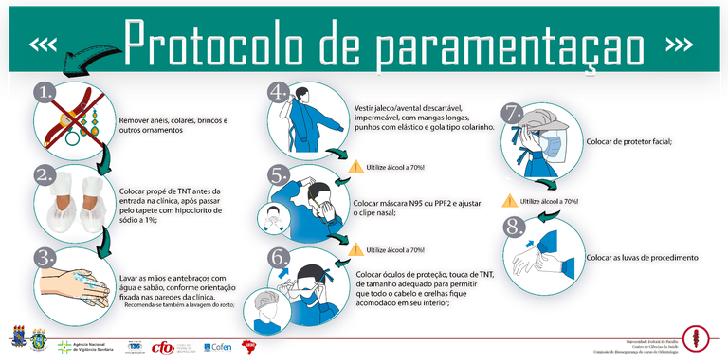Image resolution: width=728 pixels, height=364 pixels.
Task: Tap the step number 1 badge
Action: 45,92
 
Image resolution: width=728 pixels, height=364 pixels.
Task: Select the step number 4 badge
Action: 278,92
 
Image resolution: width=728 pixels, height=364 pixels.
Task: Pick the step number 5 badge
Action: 278,174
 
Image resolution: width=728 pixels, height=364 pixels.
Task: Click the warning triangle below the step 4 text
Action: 356,167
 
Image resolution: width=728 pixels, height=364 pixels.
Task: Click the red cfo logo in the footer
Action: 162,347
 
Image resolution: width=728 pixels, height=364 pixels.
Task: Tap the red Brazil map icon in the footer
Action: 252,347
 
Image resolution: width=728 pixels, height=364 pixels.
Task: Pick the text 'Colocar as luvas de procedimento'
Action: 642,258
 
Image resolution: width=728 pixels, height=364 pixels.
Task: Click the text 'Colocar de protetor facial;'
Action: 629,141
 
